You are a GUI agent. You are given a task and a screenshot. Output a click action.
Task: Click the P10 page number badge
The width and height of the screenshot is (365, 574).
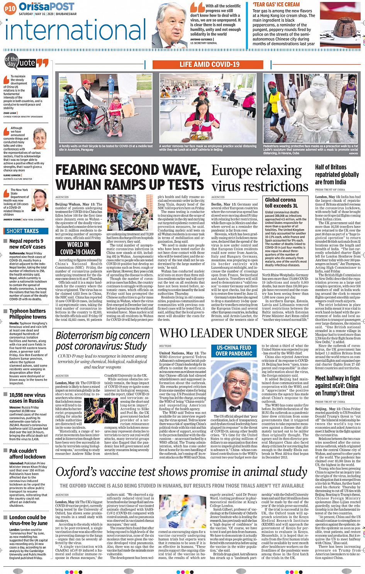click(x=10, y=8)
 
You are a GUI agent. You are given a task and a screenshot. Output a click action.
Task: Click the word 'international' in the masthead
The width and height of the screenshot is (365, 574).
click(x=76, y=31)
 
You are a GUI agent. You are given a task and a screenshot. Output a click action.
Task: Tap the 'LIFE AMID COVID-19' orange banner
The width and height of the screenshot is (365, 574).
click(x=209, y=65)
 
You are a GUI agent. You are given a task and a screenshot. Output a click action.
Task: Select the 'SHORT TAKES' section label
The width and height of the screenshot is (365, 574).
click(x=22, y=231)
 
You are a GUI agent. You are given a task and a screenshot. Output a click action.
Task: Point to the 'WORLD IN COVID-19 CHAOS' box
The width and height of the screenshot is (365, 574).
click(x=78, y=248)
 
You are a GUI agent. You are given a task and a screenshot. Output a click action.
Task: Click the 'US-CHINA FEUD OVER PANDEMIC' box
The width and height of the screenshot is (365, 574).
click(x=234, y=351)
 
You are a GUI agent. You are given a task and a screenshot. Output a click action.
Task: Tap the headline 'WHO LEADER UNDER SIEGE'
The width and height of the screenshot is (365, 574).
click(x=233, y=333)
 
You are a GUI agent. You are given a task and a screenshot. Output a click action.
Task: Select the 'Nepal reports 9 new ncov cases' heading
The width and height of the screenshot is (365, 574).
click(x=27, y=244)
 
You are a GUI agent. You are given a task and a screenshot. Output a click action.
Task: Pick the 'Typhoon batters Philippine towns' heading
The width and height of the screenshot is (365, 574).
click(x=27, y=313)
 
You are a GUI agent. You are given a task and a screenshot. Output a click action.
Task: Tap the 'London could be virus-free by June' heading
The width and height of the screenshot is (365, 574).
click(x=28, y=520)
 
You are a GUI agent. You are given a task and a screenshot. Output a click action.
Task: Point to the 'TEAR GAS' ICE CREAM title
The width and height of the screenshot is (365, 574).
click(x=276, y=5)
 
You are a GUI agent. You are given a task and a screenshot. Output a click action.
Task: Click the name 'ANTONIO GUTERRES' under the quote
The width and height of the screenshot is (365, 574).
click(x=201, y=39)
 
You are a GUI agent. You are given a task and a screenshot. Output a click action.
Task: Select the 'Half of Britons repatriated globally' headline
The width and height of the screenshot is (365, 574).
click(x=337, y=174)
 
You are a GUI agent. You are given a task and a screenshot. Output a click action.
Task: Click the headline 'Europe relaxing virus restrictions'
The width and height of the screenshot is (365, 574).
click(x=260, y=179)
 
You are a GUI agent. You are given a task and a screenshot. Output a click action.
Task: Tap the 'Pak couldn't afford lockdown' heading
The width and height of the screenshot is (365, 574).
click(x=27, y=453)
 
